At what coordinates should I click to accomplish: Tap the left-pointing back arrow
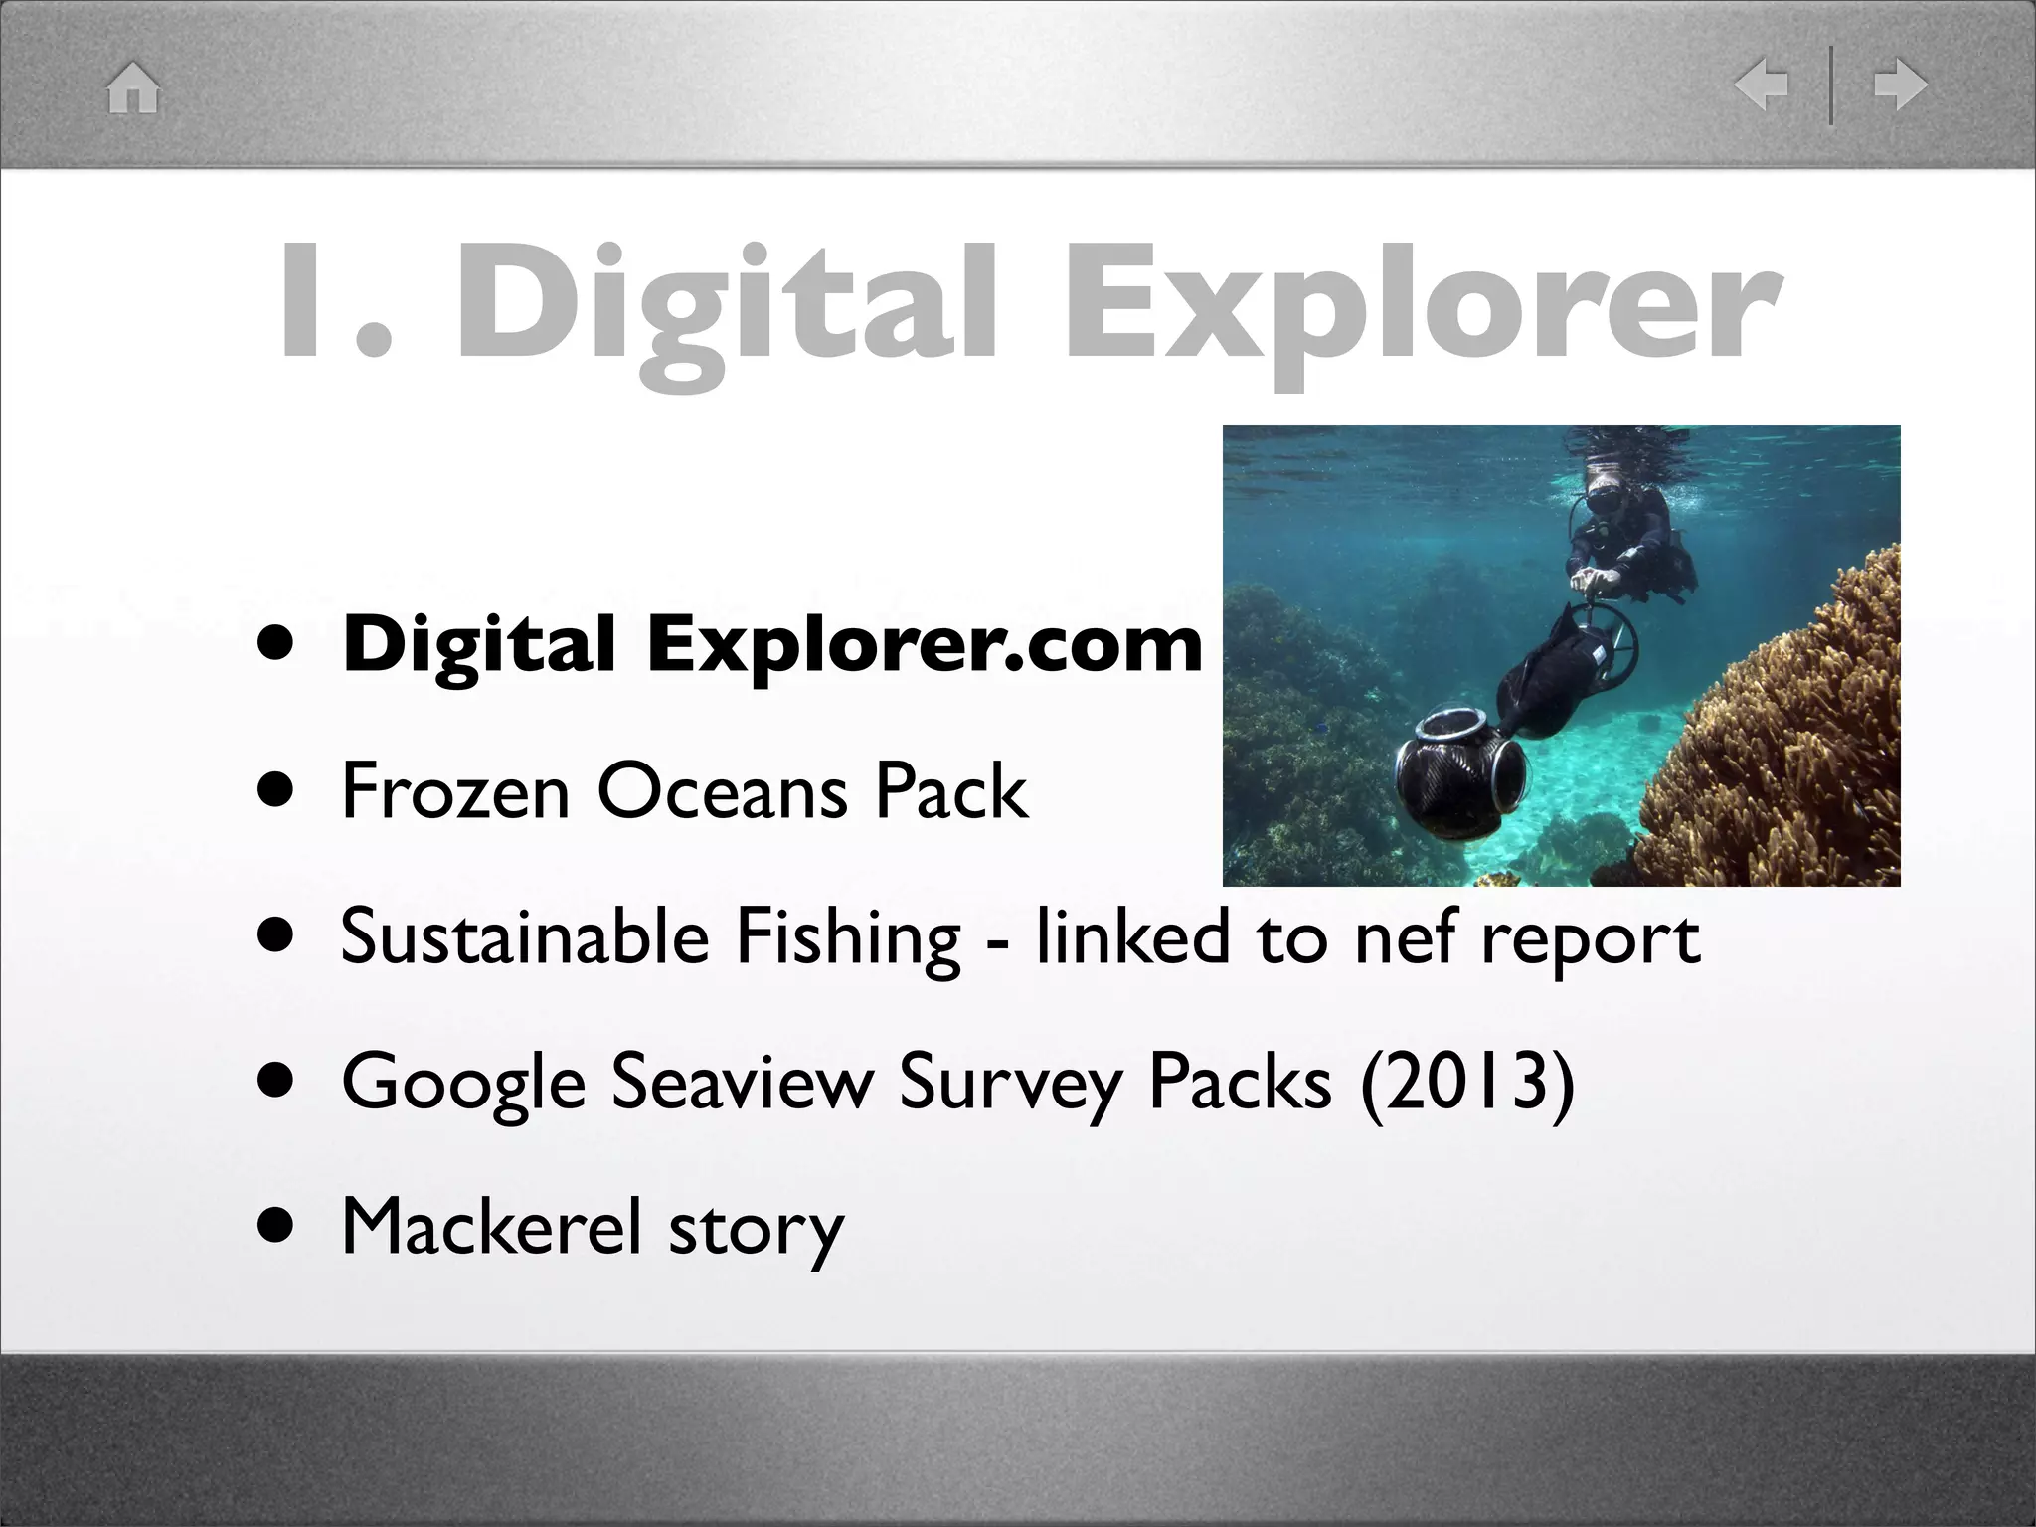click(x=1761, y=85)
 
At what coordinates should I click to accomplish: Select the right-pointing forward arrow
click(x=1901, y=85)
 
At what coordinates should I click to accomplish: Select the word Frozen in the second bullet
click(x=455, y=792)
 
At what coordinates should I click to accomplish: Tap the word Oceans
click(x=722, y=792)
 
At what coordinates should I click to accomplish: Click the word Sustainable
click(x=524, y=937)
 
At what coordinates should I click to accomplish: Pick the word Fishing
click(x=848, y=937)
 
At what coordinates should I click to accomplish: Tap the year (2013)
click(x=1466, y=1082)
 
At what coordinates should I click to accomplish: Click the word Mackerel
click(x=491, y=1227)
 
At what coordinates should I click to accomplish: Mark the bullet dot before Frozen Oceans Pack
click(x=276, y=792)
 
